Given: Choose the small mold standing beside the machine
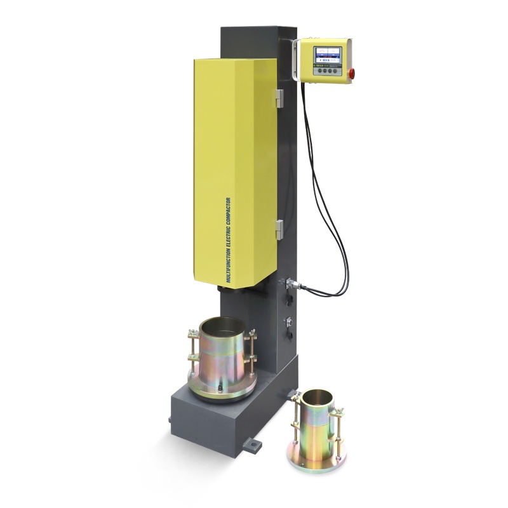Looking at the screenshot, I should click(x=317, y=425).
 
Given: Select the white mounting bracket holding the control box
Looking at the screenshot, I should click(x=295, y=60).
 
